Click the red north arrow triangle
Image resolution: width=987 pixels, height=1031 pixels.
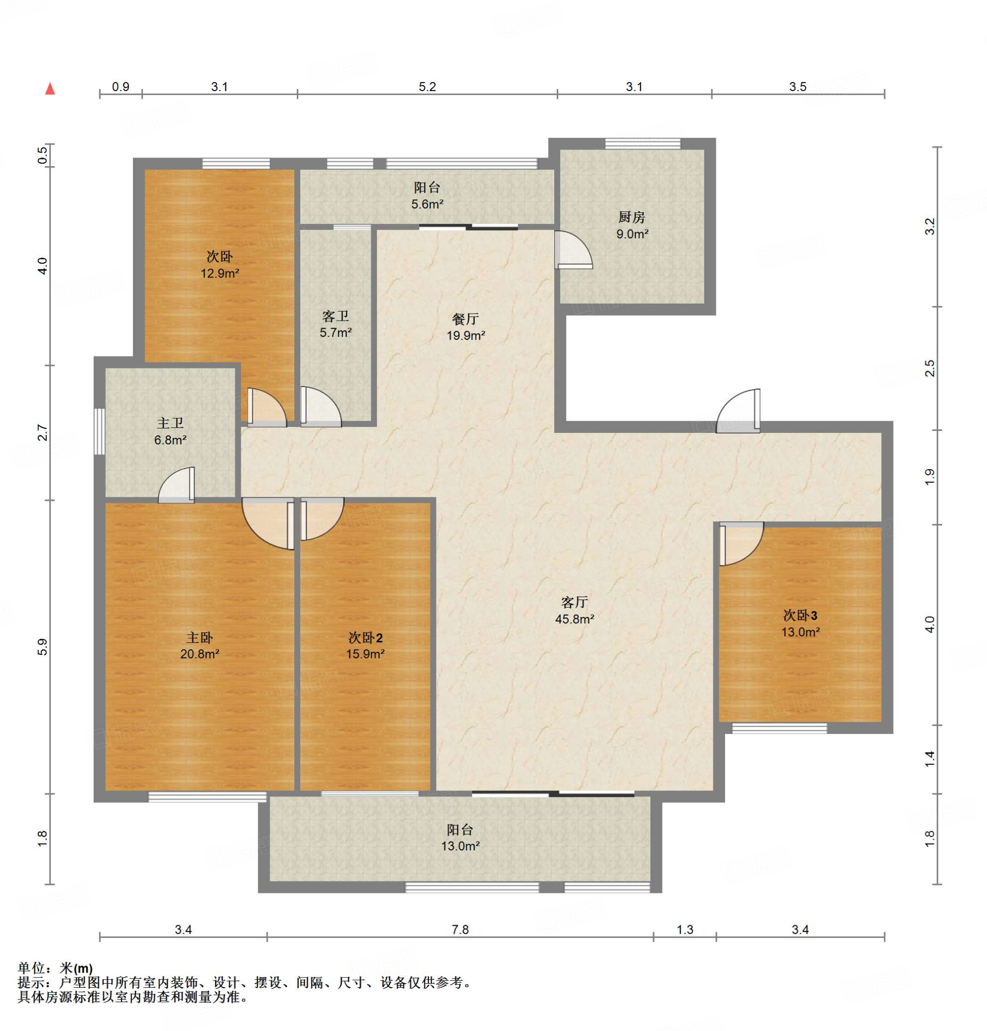pyautogui.click(x=50, y=88)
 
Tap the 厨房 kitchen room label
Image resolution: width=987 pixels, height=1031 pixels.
pyautogui.click(x=631, y=216)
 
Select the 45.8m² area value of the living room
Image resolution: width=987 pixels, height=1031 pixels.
pyautogui.click(x=574, y=619)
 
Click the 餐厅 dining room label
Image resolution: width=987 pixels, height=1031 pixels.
pyautogui.click(x=466, y=319)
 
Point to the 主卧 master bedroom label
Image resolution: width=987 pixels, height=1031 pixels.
pyautogui.click(x=200, y=638)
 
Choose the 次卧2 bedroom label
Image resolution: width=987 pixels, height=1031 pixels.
pyautogui.click(x=365, y=638)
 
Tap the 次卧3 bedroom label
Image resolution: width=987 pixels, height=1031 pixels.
pyautogui.click(x=800, y=615)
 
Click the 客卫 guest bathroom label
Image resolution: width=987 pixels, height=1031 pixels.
pyautogui.click(x=336, y=316)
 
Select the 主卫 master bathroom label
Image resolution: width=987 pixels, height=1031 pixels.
pyautogui.click(x=170, y=423)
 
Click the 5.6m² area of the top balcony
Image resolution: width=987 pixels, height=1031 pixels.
pyautogui.click(x=427, y=204)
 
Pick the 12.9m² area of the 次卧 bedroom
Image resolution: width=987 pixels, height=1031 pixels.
pyautogui.click(x=219, y=273)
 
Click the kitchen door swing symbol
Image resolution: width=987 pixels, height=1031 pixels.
pyautogui.click(x=573, y=250)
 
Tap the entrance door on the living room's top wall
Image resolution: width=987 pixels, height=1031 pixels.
pyautogui.click(x=738, y=411)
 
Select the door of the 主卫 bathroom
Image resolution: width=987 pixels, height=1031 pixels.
pyautogui.click(x=177, y=485)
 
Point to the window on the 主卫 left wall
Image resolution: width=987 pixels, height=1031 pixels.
pyautogui.click(x=99, y=431)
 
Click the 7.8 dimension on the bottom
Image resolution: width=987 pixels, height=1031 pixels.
pyautogui.click(x=460, y=929)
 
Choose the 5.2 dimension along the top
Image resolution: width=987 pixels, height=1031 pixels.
pyautogui.click(x=427, y=87)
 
